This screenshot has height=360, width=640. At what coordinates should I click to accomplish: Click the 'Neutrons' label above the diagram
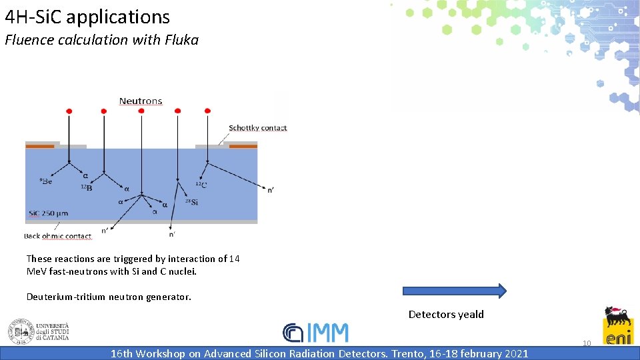(141, 101)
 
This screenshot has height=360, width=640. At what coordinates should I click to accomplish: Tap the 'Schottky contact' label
(257, 128)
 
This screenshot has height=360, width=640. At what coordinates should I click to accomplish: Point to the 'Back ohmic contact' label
(58, 236)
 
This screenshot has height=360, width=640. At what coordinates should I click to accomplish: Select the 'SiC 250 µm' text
(48, 214)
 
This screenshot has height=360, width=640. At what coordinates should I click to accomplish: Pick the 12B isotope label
(86, 188)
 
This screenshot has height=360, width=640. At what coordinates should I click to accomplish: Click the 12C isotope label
(201, 185)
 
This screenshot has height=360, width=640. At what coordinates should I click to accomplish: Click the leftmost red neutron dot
(69, 111)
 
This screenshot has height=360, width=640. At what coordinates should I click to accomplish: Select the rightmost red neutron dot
(207, 111)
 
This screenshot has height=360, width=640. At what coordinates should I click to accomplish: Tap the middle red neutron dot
(141, 111)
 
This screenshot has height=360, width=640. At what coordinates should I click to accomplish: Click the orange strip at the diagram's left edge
(39, 145)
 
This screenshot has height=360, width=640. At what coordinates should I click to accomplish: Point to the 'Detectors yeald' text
(446, 315)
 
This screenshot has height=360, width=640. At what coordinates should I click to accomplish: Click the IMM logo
(315, 333)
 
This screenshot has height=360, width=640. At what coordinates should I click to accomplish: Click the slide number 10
(587, 343)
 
